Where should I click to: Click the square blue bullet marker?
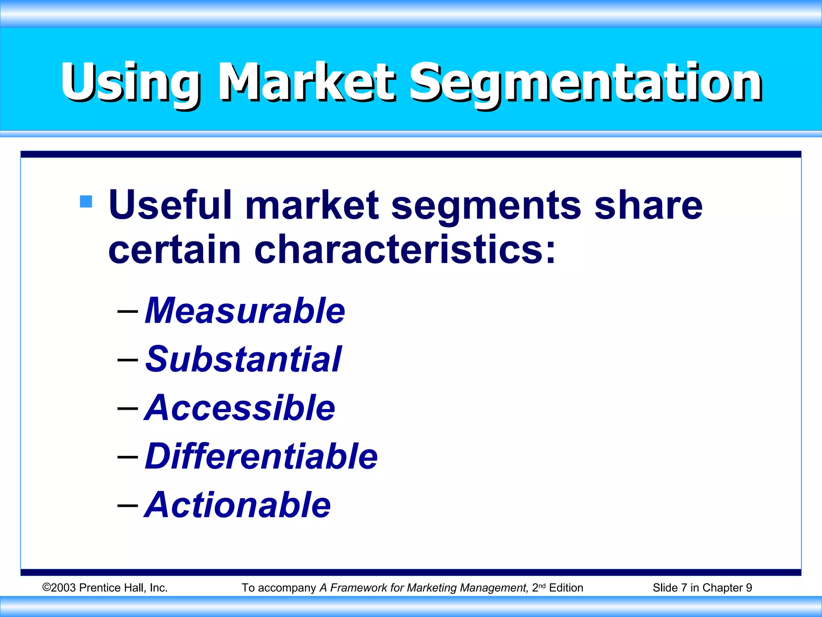(86, 201)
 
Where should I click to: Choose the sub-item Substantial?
(243, 359)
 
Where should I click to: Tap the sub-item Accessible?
(240, 408)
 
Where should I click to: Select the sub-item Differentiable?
(261, 456)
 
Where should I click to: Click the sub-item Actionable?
(238, 505)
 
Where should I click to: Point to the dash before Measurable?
(128, 311)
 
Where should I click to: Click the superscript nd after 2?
(542, 586)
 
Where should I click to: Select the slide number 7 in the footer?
(684, 588)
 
